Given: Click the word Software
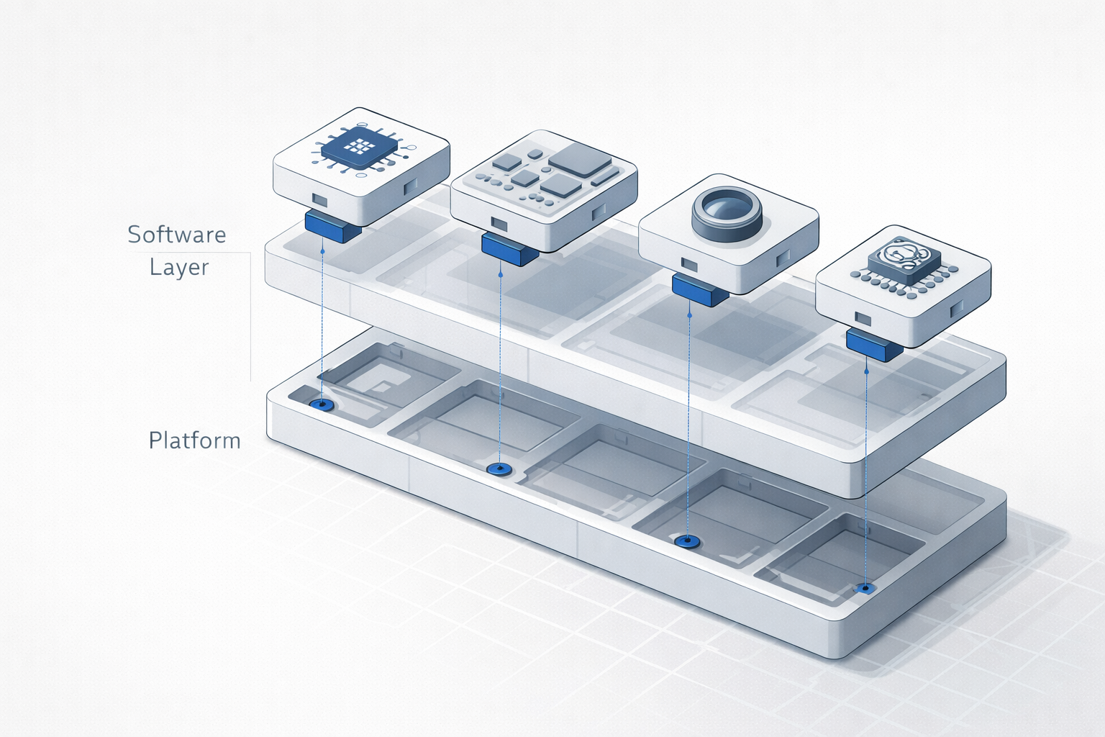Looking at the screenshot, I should point(176,235).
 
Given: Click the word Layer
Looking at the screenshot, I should point(179,267).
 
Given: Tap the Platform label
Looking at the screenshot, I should point(194,440).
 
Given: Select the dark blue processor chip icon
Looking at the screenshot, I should point(359,148).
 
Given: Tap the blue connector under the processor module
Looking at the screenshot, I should point(332,225).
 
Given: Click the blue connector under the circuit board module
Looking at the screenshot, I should point(509,247).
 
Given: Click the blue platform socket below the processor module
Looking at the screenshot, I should point(322,405).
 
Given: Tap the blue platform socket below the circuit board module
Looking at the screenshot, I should point(499,469).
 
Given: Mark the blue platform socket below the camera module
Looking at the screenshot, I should point(688,541).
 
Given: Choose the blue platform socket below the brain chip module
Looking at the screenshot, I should point(865,589).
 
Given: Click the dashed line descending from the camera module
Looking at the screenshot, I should point(689,417).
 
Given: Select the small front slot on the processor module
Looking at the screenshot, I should point(319,199).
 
